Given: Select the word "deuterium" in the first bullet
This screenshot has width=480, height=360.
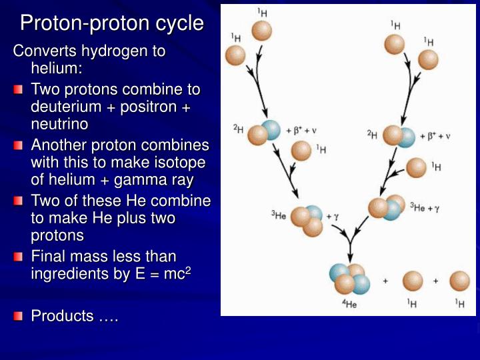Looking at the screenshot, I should (x=65, y=107).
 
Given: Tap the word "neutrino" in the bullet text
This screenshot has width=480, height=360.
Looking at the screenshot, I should (x=59, y=124).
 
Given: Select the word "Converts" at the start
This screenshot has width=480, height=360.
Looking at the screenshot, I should (x=44, y=51).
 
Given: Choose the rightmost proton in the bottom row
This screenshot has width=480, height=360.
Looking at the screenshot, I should (x=459, y=281).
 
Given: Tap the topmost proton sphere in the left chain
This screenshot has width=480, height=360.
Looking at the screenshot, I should (x=261, y=30).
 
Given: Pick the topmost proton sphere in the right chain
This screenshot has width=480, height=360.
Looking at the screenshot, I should (x=395, y=44).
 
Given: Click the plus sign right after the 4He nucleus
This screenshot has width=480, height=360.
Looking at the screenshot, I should (x=385, y=281).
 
